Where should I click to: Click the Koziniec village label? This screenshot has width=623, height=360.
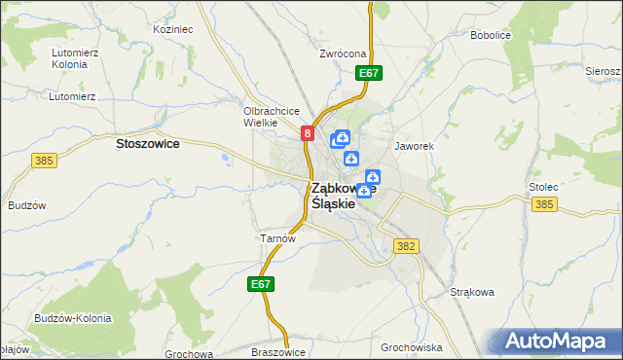[173, 29]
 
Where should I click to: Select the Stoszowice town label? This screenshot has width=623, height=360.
[147, 143]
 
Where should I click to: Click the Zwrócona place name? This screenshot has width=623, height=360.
[343, 54]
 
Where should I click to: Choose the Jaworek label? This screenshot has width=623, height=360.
[413, 146]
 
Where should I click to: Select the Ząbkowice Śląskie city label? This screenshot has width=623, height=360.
[343, 198]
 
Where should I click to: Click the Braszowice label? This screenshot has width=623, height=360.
[278, 352]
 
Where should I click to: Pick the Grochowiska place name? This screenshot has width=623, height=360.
[412, 347]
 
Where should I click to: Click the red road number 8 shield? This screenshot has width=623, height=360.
[308, 134]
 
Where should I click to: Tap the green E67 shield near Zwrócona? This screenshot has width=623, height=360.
[369, 73]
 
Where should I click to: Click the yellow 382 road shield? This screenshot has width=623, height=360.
[407, 247]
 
